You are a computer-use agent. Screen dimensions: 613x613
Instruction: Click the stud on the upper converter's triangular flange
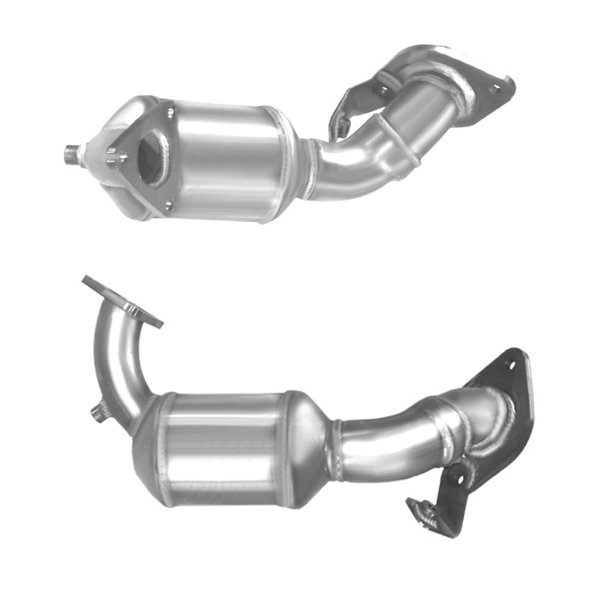[x=113, y=156]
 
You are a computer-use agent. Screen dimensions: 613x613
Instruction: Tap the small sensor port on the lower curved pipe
[x=99, y=414]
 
